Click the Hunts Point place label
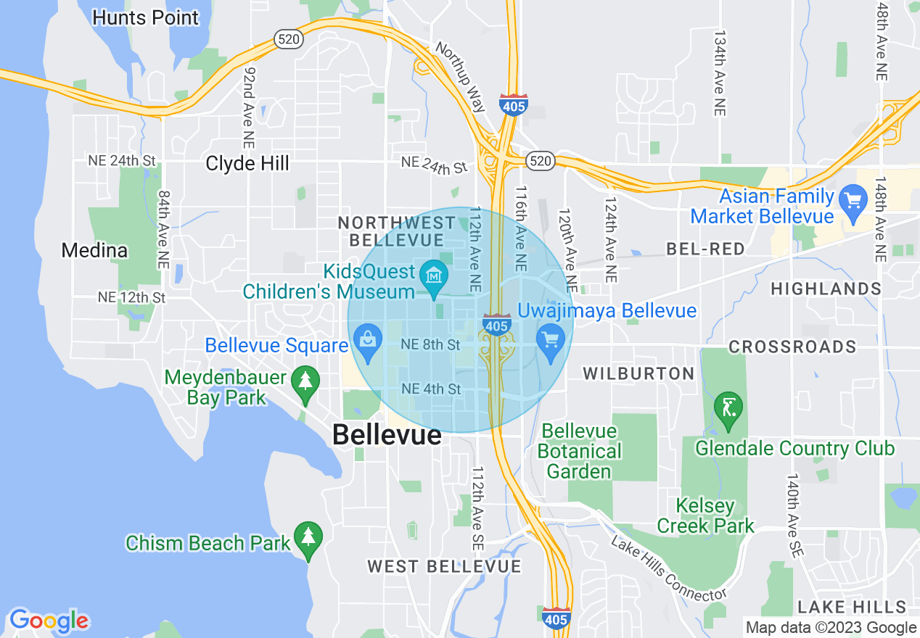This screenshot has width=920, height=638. tap(146, 17)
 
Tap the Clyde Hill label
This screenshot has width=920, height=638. tap(247, 163)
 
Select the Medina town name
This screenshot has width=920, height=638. tap(94, 251)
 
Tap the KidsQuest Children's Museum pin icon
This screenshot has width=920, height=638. tap(434, 278)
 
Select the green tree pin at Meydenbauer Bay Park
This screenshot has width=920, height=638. tap(305, 383)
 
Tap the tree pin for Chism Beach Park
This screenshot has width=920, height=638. tap(308, 539)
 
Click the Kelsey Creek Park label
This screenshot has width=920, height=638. tap(705, 515)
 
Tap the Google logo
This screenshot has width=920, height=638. tap(49, 621)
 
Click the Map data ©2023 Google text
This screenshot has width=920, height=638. tap(831, 628)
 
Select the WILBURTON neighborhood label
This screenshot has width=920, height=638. tap(639, 373)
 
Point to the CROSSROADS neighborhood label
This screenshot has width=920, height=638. tap(792, 347)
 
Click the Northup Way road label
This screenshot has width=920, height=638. tap(460, 75)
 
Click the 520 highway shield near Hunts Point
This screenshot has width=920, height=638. tap(288, 40)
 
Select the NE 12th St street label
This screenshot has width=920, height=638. tap(132, 297)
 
